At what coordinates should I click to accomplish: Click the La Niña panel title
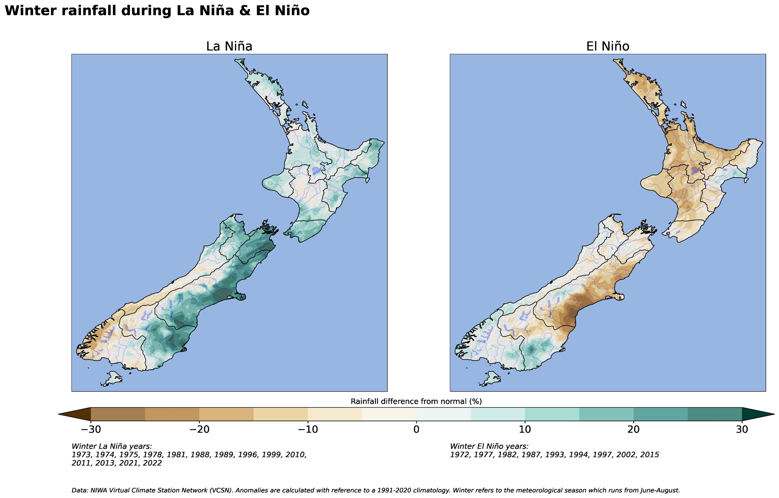(x=229, y=46)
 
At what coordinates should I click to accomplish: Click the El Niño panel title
(x=608, y=46)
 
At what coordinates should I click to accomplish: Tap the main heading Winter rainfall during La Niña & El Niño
(x=157, y=11)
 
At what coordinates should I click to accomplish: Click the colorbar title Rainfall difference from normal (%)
(x=416, y=401)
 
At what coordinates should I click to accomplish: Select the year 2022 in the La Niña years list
(x=152, y=463)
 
